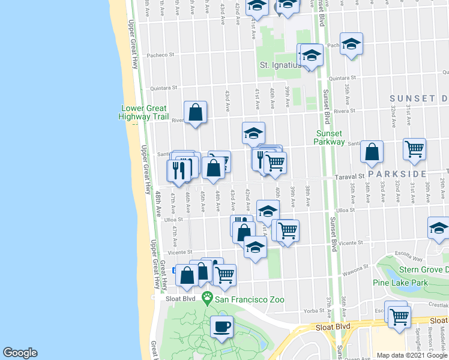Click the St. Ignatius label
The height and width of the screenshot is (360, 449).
[x=280, y=65]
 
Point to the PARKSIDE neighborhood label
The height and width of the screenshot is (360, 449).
[x=396, y=174]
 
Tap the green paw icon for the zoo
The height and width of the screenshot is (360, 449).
[x=208, y=297]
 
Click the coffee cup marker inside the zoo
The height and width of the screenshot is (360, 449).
[x=222, y=328]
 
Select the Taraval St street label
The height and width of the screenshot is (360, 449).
[x=350, y=177]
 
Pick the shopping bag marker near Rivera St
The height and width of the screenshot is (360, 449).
[x=196, y=112]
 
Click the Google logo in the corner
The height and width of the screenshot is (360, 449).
[x=20, y=353]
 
